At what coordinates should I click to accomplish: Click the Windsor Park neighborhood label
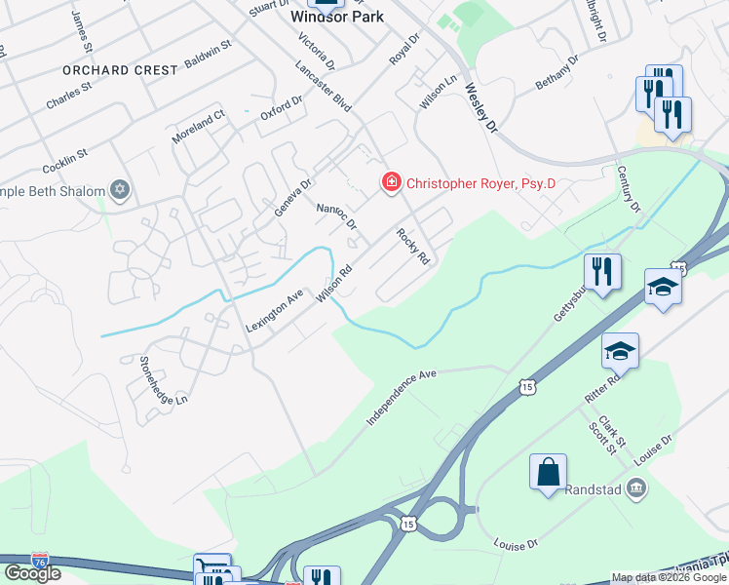tap(337, 17)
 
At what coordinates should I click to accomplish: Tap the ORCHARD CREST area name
tap(121, 70)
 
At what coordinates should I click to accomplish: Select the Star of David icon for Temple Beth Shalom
tap(120, 189)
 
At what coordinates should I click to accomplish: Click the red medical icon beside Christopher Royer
tap(391, 182)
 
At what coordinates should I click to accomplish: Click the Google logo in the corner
tap(31, 573)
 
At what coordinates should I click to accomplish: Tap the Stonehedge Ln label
tap(163, 380)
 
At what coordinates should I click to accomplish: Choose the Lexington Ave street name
tap(275, 311)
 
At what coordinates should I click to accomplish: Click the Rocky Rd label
tap(412, 247)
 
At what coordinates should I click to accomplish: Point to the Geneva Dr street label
tap(292, 197)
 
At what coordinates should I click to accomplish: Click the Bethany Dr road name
tap(557, 73)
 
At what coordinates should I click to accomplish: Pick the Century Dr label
tap(629, 189)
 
